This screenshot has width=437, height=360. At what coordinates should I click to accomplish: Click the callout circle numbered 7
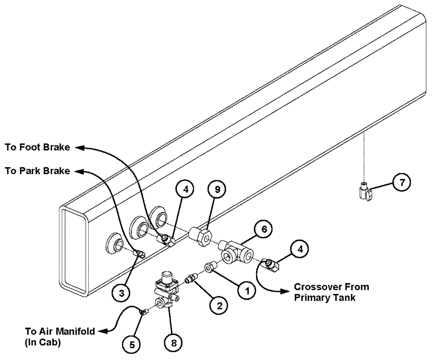400,183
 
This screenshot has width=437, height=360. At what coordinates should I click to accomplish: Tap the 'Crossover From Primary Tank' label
331,292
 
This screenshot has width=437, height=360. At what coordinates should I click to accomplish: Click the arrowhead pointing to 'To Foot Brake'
77,148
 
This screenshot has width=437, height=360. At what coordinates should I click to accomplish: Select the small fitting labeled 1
208,267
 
